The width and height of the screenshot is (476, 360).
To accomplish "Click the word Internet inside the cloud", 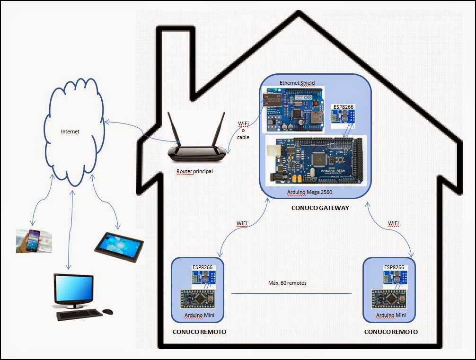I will point(70,132).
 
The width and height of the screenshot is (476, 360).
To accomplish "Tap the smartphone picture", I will point(34,241).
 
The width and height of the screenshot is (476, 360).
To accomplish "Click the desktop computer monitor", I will point(73,289).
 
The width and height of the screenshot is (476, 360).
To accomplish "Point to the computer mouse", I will point(108,312).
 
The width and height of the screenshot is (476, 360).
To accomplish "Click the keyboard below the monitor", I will point(79,314).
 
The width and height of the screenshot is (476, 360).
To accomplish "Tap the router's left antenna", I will point(173,128).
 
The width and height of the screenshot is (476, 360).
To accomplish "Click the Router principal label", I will point(194,171).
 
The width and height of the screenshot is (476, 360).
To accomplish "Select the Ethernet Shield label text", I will point(297,83).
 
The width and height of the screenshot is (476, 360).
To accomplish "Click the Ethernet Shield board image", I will point(292,109).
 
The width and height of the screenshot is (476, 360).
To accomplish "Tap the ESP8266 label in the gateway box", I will point(343,107).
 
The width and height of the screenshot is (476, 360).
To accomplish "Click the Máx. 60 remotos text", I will point(287,283).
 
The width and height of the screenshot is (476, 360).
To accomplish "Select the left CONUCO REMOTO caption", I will point(199,332).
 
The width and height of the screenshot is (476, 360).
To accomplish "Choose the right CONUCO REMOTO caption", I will point(391,332).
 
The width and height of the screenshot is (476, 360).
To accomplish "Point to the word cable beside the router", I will point(244,137).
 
